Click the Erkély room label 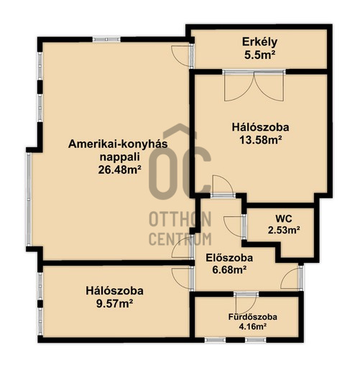click(259, 42)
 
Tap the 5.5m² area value click(259, 55)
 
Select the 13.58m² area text click(260, 140)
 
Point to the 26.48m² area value click(119, 170)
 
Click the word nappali click(120, 157)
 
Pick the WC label click(284, 218)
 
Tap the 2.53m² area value click(284, 230)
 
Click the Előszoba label click(229, 258)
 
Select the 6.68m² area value click(229, 270)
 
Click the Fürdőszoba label click(252, 317)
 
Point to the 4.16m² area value click(253, 326)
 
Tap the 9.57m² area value click(114, 304)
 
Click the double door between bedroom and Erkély click(254, 85)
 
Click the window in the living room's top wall click(106, 40)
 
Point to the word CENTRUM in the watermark click(180, 239)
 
